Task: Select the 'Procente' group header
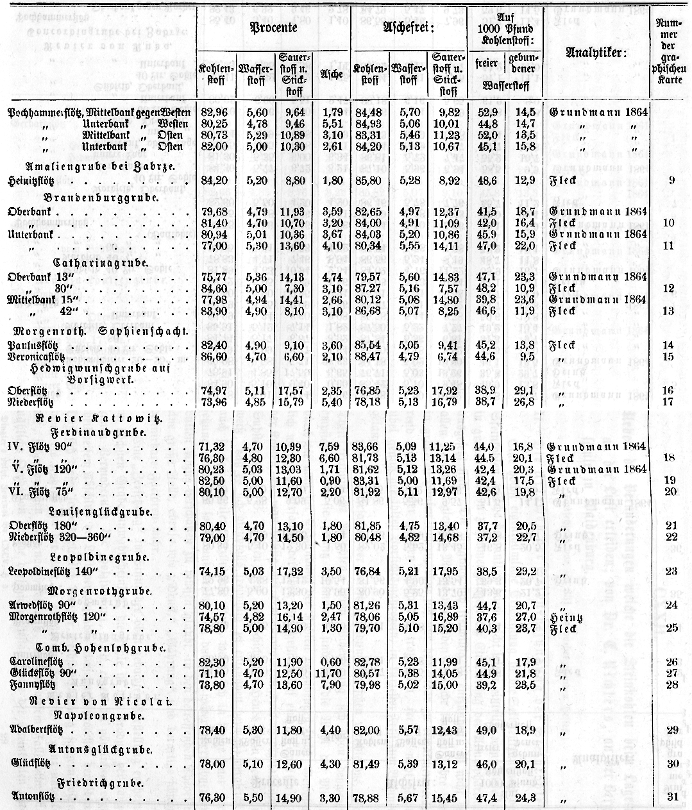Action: click(273, 30)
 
